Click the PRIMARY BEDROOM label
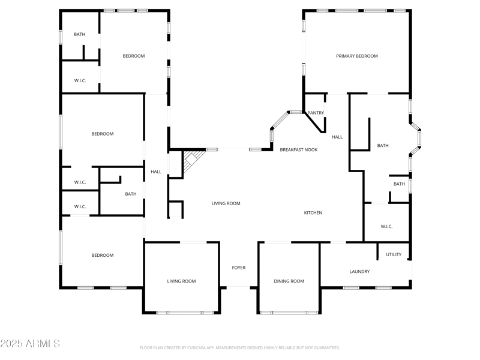(x=356, y=56)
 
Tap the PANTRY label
(x=316, y=113)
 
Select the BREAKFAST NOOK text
(x=299, y=149)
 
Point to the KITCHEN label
(x=313, y=213)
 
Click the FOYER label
(x=239, y=268)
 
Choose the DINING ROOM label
(x=289, y=281)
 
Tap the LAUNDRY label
(x=359, y=272)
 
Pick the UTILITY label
(x=394, y=254)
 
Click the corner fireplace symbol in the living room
(x=191, y=161)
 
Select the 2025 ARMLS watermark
(x=30, y=344)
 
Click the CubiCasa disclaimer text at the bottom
(x=240, y=347)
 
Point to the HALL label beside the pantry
(x=337, y=137)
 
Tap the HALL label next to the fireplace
(x=156, y=172)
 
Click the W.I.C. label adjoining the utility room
(x=386, y=226)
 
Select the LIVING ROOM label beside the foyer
(x=181, y=281)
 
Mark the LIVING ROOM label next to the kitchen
(x=226, y=203)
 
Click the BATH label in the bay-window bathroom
(x=383, y=146)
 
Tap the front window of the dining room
(x=289, y=312)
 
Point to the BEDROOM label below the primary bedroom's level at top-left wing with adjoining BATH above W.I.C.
(x=134, y=56)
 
